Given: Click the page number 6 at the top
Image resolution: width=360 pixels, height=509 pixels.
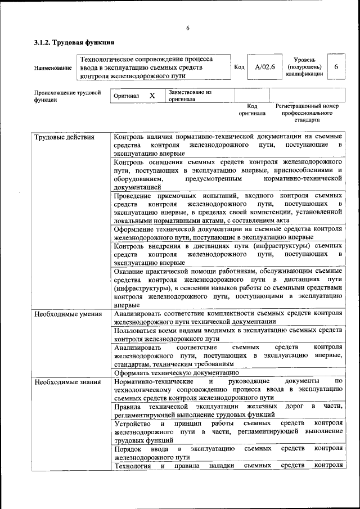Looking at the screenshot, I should coord(188,29).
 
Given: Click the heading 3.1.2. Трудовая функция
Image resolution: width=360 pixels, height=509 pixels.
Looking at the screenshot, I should coord(74,42).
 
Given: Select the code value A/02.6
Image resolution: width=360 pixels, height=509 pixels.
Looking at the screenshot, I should coord(264,67).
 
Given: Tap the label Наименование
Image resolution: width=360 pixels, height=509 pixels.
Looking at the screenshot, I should coord(53,68).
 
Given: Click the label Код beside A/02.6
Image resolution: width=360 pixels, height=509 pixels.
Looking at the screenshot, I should coord(239,67).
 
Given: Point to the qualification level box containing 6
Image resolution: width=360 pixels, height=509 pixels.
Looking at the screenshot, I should coord(336,67).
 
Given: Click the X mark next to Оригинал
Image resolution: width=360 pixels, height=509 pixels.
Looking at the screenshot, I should coord(152,96).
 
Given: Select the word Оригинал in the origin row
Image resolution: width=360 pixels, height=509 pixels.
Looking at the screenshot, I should coord(126,96).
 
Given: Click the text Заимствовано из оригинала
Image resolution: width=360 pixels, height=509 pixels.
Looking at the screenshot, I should coord(190,95).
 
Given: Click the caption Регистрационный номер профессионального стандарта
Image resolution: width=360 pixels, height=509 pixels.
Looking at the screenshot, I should coord(307,112).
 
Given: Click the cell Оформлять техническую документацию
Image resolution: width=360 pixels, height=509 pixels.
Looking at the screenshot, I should coord(177,372).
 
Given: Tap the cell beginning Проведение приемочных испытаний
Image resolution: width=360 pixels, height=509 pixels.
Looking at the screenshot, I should coord(228,208).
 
